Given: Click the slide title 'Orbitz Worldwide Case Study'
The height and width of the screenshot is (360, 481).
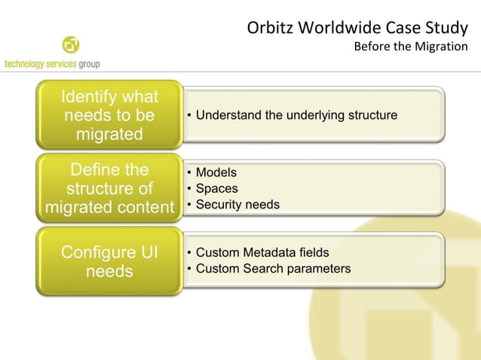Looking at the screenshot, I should [x=357, y=29].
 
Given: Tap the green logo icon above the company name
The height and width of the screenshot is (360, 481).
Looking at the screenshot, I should [x=71, y=45].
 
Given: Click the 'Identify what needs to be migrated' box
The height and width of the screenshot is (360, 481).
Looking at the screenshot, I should [x=110, y=116].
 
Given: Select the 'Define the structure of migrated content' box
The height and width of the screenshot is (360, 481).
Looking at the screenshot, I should [x=110, y=188].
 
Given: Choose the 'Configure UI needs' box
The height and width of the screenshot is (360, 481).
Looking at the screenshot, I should [x=110, y=261].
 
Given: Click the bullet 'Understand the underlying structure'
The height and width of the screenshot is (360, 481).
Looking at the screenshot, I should [x=296, y=115].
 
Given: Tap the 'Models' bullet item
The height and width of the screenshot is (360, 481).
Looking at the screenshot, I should [x=216, y=173].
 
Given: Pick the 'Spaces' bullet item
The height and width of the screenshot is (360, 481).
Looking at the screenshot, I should [x=216, y=188].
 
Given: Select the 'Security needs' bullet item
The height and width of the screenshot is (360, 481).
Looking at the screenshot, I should [x=237, y=204].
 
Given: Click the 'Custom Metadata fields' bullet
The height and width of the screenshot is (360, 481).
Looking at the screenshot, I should [x=262, y=252].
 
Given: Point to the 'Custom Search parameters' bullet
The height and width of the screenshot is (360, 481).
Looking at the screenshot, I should [x=273, y=268].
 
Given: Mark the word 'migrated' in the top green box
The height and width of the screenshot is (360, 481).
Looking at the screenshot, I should [x=110, y=135].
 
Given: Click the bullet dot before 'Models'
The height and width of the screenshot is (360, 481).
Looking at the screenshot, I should [x=189, y=173].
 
